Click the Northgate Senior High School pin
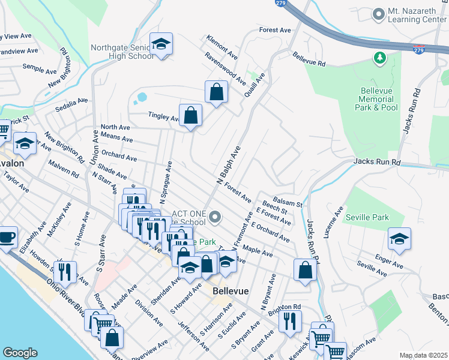[x=161, y=44]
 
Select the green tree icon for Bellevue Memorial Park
[x=379, y=58]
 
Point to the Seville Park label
[x=367, y=218]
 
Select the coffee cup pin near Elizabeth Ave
[x=7, y=236]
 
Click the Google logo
[x=20, y=353]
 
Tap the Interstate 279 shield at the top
[x=280, y=3]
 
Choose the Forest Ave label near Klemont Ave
[x=275, y=29]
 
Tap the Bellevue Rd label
[x=309, y=59]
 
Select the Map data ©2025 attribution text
[x=423, y=355]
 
